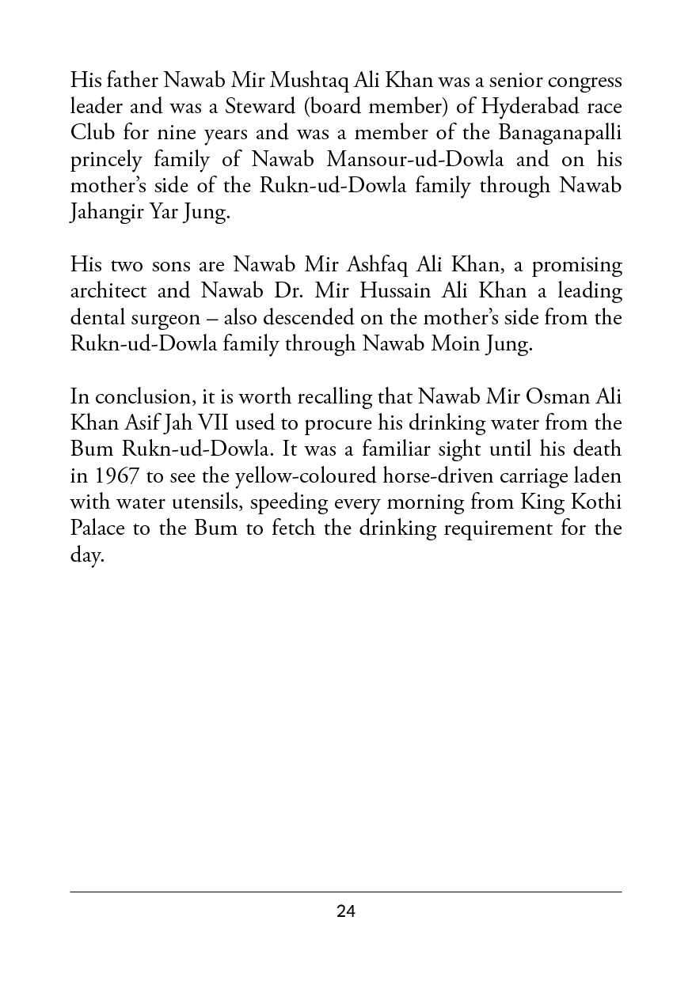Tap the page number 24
(x=346, y=911)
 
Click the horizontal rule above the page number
(x=346, y=892)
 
